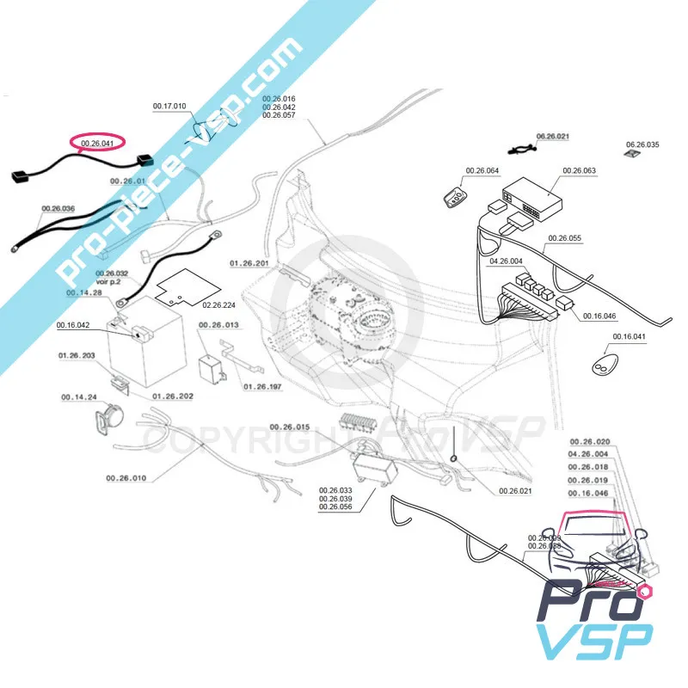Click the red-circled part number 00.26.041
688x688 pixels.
(x=96, y=143)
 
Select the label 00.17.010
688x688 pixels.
(x=169, y=106)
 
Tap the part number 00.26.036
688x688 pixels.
(x=58, y=208)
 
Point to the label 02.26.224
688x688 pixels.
(x=219, y=304)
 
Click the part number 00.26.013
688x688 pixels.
(x=219, y=326)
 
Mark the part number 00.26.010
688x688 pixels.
(x=126, y=477)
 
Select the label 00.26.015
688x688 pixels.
(x=290, y=427)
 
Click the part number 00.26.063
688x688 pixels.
(x=579, y=170)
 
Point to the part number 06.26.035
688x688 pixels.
(x=642, y=144)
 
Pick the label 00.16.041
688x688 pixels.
(x=630, y=336)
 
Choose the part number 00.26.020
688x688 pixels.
(x=589, y=441)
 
